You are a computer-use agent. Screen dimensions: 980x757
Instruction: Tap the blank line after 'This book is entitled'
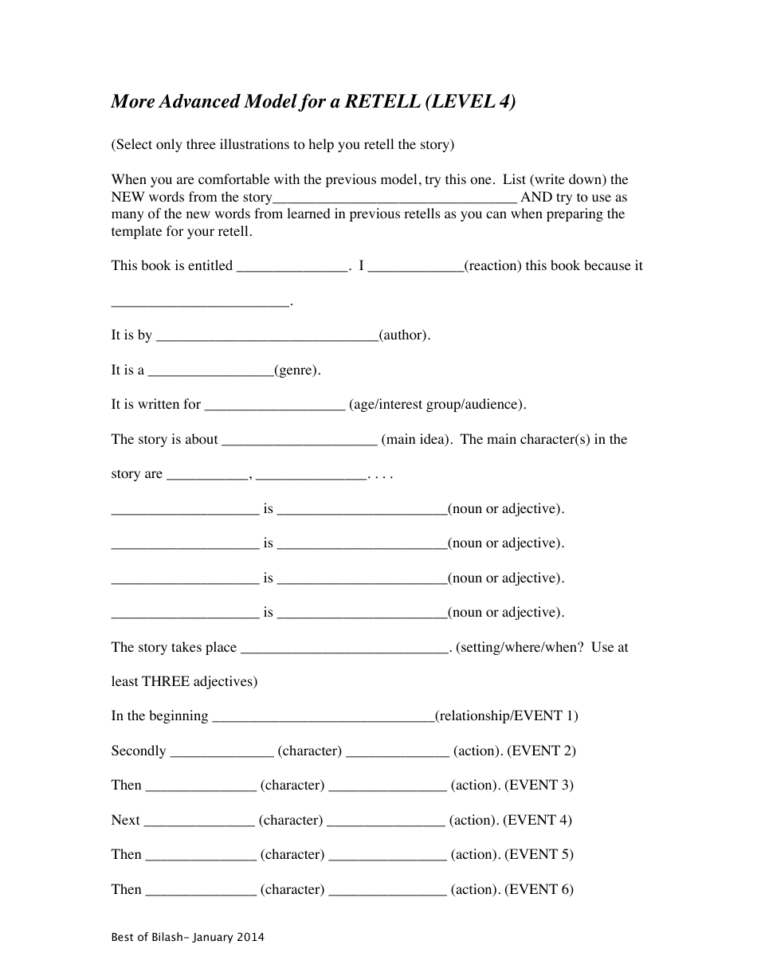tap(292, 268)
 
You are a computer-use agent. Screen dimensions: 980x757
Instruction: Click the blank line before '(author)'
tap(267, 337)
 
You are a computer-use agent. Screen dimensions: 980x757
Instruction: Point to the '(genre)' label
tap(297, 370)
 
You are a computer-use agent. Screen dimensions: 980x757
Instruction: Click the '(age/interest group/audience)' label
tap(437, 405)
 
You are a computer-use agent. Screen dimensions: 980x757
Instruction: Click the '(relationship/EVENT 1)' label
tap(506, 716)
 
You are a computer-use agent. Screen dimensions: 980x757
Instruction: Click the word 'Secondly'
tap(139, 751)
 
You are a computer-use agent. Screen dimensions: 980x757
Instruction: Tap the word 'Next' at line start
tap(125, 820)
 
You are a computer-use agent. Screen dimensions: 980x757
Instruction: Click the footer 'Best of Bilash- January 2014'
tap(187, 938)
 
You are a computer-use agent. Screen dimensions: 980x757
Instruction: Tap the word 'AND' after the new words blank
tap(535, 198)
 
